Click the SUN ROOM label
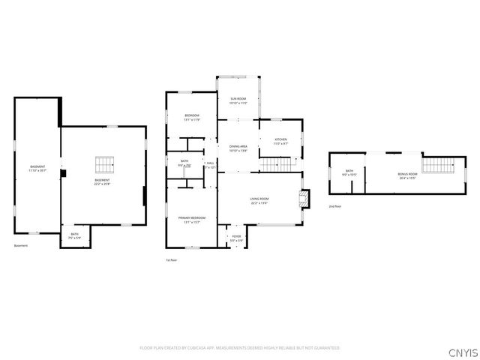(238, 99)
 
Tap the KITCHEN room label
(280, 139)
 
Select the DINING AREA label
(238, 148)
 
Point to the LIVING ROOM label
(259, 199)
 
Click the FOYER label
(236, 236)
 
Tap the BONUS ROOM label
(408, 174)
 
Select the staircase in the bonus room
(433, 164)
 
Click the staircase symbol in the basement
(103, 164)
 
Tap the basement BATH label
(74, 234)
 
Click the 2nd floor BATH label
(349, 171)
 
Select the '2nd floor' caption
(334, 206)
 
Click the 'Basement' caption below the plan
(21, 246)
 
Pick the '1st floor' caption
(172, 260)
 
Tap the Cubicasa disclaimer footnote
(240, 348)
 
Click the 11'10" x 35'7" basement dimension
(37, 170)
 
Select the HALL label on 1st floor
(211, 163)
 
